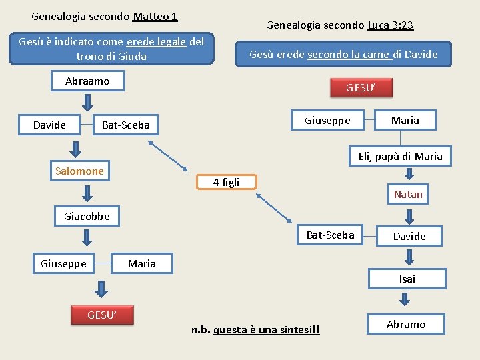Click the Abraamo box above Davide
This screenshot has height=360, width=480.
click(87, 81)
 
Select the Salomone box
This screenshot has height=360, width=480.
click(79, 171)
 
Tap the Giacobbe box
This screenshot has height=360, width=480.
click(87, 216)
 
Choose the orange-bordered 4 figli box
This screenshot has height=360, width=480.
click(226, 182)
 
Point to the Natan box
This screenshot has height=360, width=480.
click(408, 194)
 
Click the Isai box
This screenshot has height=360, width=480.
click(407, 279)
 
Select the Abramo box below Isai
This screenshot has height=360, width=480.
click(406, 324)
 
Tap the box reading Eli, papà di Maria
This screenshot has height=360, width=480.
click(400, 157)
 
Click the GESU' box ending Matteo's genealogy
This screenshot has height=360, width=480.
click(102, 315)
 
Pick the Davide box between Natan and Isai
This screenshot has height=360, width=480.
click(409, 236)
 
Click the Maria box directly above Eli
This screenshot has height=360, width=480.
click(405, 120)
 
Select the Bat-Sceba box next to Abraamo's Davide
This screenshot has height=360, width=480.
click(125, 125)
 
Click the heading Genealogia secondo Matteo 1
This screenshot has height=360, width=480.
click(105, 15)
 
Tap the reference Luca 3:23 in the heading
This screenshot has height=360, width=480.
click(390, 25)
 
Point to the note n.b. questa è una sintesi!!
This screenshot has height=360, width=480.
click(255, 330)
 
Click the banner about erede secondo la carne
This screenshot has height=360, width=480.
click(343, 54)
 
